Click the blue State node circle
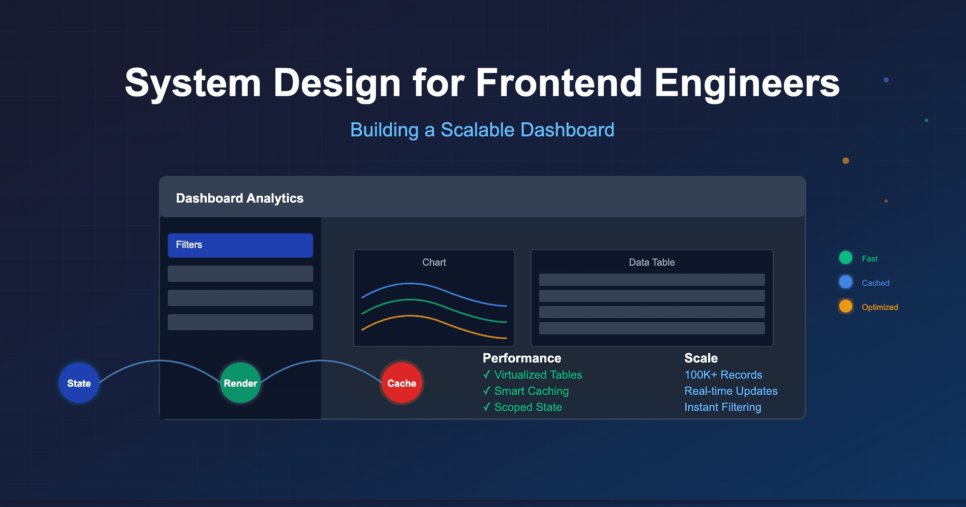pos(79,383)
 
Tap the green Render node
pos(241,383)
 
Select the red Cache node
pos(402,383)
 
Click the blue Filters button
pos(240,245)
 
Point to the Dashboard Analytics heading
pos(240,198)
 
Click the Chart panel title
pos(434,262)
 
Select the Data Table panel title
pos(652,262)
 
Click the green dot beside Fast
pos(846,258)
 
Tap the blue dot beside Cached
pos(846,282)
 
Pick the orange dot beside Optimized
pos(846,306)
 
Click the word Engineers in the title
pos(747,83)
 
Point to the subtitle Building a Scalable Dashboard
pos(482,130)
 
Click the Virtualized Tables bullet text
pos(538,375)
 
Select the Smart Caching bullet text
pos(531,391)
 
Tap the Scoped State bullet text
pos(528,407)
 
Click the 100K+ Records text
pos(723,375)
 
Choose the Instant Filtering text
pos(723,407)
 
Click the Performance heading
pos(522,358)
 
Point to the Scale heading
pos(701,358)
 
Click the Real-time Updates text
pos(731,391)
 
